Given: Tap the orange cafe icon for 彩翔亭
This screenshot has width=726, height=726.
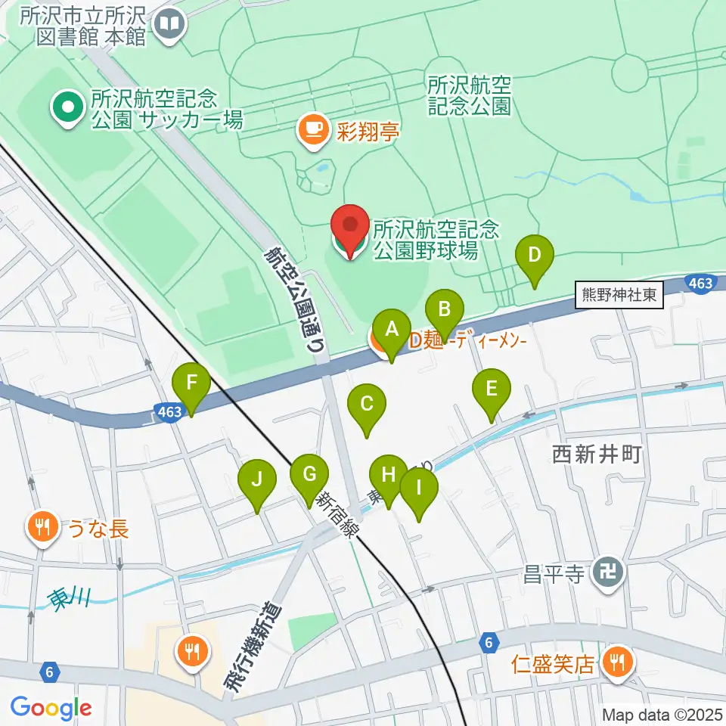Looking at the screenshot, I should tap(313, 129).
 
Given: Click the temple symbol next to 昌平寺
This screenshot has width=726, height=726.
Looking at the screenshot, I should tap(608, 573).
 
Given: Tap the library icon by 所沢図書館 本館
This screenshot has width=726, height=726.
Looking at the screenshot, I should tap(169, 26).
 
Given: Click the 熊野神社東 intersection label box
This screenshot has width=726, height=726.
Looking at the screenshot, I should tap(619, 296).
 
